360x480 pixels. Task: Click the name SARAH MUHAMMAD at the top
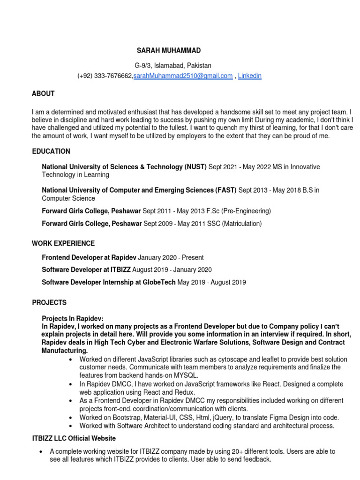[169, 50]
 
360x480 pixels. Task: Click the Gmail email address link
[183, 76]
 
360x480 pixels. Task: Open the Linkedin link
[250, 76]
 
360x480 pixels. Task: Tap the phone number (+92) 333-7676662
[105, 76]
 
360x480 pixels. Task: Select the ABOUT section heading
[43, 94]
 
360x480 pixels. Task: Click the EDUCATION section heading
[51, 151]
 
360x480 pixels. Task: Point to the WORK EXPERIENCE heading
[63, 243]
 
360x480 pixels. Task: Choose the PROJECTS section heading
[49, 302]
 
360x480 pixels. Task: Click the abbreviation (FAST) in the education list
[226, 190]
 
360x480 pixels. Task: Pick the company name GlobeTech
[158, 282]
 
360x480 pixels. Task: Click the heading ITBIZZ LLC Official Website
[74, 438]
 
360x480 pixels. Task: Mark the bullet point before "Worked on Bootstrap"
[70, 418]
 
